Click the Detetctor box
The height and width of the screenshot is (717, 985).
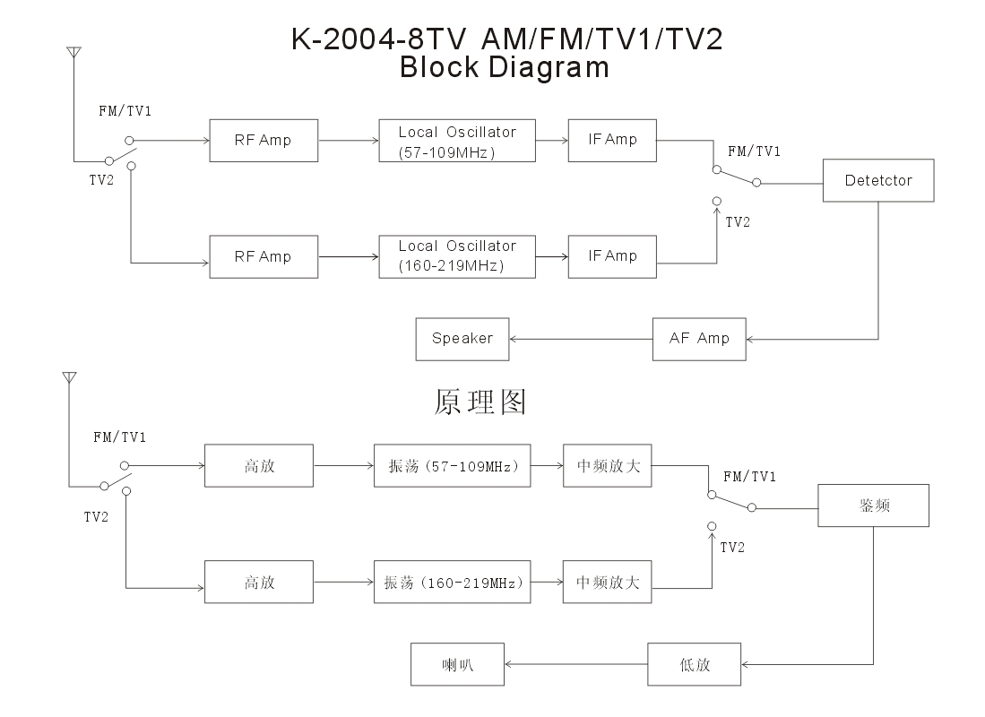878,180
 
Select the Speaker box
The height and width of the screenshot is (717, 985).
462,339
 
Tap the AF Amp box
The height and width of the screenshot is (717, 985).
699,339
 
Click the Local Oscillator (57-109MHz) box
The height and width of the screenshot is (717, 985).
457,141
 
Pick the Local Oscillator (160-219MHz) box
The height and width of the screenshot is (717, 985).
457,256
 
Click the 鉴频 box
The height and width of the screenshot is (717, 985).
873,505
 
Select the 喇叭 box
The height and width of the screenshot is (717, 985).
457,665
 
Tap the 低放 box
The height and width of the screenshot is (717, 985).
695,665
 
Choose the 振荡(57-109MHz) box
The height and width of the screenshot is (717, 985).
452,466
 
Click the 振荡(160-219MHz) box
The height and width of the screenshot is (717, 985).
452,583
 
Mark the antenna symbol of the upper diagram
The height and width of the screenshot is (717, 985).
73,55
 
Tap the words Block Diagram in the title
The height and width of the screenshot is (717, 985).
504,68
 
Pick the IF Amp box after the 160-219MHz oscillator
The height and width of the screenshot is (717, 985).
613,256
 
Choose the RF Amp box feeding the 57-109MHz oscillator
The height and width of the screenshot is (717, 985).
263,141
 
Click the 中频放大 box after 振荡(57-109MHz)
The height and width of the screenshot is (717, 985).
608,466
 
